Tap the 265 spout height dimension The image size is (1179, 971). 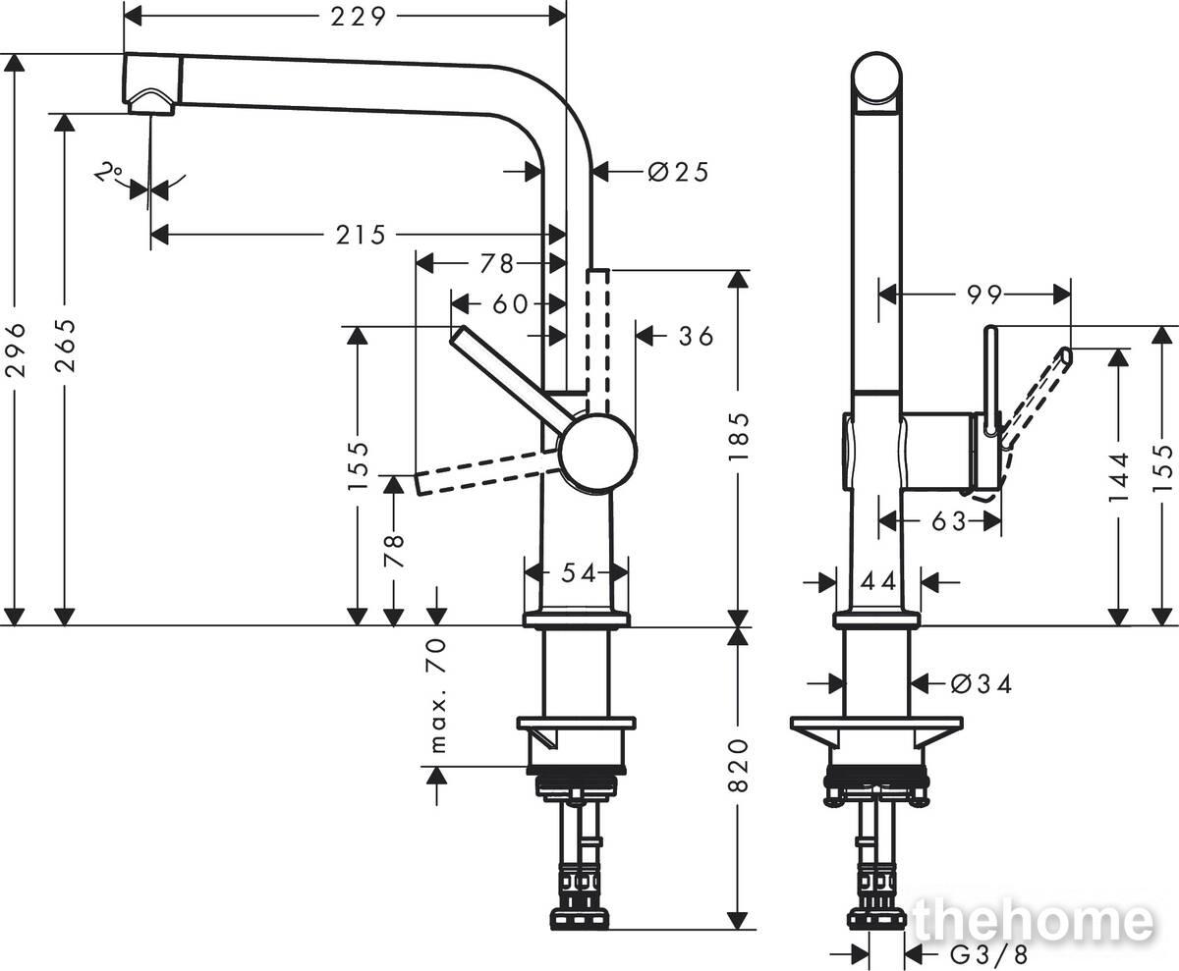coord(65,346)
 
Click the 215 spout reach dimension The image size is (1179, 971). coord(361,235)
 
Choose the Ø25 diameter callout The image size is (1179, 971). coord(678,172)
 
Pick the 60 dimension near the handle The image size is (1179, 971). coord(511,304)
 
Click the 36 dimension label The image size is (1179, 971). coord(697,337)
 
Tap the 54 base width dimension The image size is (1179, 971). coord(579,573)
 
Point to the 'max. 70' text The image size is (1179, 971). coord(438,696)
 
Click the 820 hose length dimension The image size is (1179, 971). coord(738,765)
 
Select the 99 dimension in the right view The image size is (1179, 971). coord(984,295)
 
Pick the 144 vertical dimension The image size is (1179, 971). coord(1119,477)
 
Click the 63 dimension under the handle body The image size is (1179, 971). coord(949,521)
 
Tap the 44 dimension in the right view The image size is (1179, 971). coord(878,581)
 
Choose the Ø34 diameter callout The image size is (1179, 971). coord(982,684)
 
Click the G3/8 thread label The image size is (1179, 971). coord(988,955)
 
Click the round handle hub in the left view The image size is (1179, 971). coord(598,452)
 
